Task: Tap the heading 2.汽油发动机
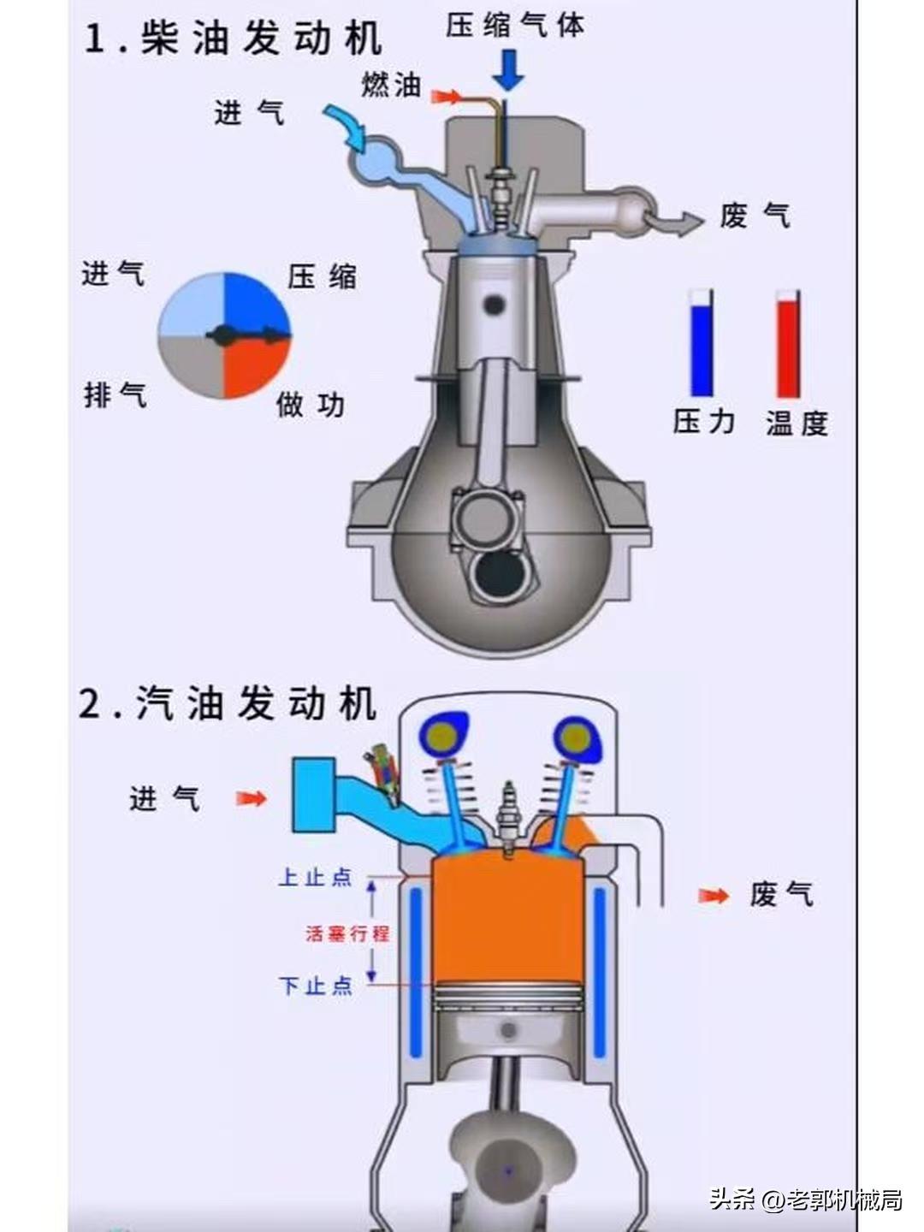(x=228, y=703)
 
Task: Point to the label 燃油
(x=391, y=85)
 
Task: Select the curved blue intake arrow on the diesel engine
(x=346, y=125)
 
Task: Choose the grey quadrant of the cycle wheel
(x=192, y=366)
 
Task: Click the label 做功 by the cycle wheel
(x=310, y=404)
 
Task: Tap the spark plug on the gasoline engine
(x=510, y=813)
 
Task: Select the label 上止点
(x=315, y=877)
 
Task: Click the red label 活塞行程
(x=347, y=933)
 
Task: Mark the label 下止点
(x=315, y=986)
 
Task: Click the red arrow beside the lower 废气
(x=714, y=896)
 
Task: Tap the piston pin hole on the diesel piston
(x=493, y=304)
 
